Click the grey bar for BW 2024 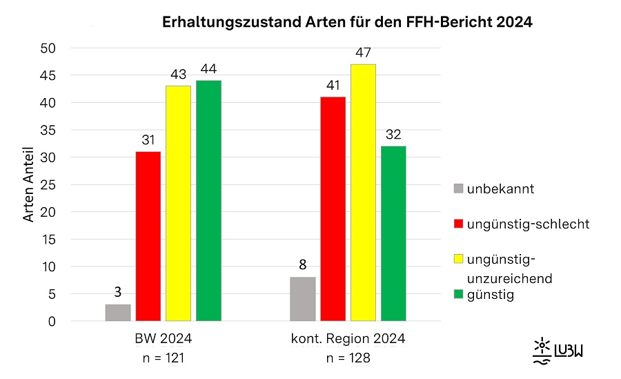[x=118, y=313]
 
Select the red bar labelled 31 [x=148, y=236]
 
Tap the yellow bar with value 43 [x=178, y=204]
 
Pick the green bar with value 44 [x=208, y=201]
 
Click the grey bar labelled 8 [x=302, y=299]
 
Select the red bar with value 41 [x=333, y=209]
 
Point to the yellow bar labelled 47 [x=363, y=193]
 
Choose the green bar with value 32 [x=393, y=233]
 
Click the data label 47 [x=363, y=52]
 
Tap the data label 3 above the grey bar [x=118, y=292]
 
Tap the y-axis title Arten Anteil [x=29, y=185]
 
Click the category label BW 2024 [x=164, y=339]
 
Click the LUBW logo [x=559, y=351]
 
